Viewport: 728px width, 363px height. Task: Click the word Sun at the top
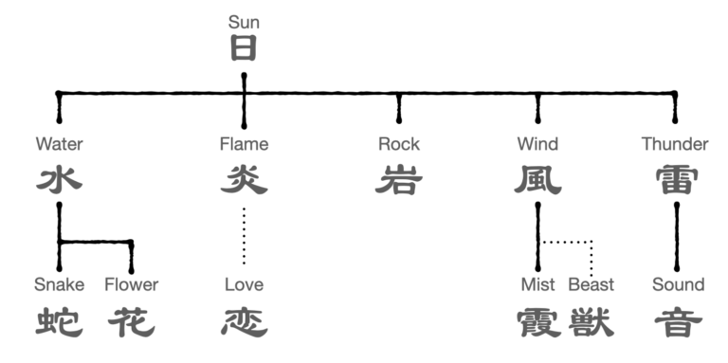pos(244,22)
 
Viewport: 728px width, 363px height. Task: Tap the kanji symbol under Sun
pos(244,48)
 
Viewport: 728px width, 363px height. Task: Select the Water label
pos(59,144)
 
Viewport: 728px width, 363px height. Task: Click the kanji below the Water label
pos(59,179)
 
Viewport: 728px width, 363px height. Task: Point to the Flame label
pos(244,144)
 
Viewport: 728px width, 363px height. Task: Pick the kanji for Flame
pos(244,179)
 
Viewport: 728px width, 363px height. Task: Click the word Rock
pos(398,144)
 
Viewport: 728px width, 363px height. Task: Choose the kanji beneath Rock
pos(398,179)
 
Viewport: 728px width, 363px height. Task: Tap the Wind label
pos(537,144)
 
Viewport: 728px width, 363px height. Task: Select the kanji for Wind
pos(537,179)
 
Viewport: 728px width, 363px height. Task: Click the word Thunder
pos(675,144)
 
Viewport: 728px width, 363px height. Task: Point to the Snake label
pos(59,284)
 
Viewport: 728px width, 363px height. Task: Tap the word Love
pos(244,284)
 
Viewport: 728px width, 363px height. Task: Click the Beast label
pos(591,284)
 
